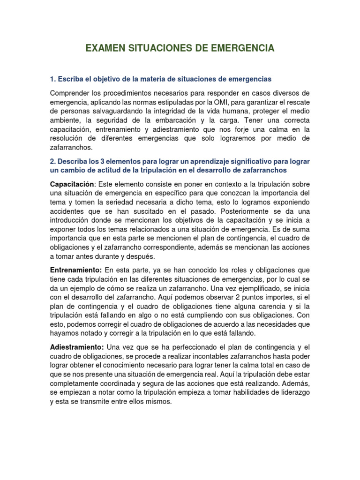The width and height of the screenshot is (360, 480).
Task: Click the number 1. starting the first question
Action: (x=53, y=78)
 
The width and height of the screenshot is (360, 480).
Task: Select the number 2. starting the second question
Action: (x=53, y=161)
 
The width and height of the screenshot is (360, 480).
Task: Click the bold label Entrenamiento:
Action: (x=76, y=270)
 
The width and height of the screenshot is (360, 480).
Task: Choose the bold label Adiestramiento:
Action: (x=77, y=347)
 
